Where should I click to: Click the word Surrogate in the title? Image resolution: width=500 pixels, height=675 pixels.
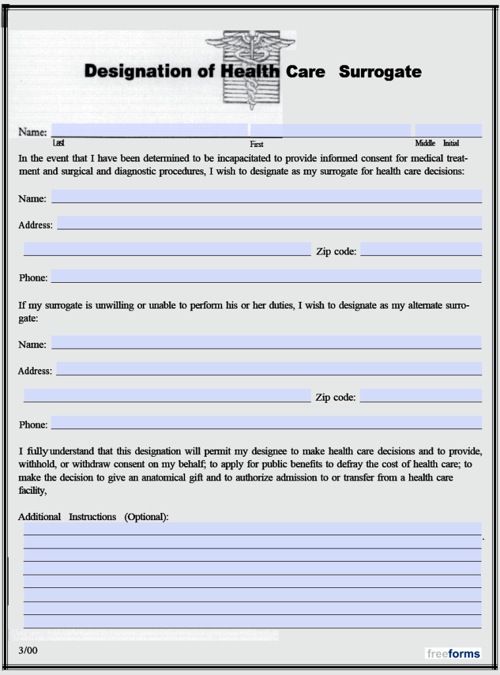coord(380,72)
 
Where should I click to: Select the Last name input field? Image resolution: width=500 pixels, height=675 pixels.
coord(150,130)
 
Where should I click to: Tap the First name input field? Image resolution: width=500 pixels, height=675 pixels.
coord(330,130)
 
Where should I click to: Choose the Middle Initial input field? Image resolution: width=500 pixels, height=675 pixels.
coord(448,130)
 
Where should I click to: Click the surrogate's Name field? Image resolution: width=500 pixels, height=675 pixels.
coord(266,196)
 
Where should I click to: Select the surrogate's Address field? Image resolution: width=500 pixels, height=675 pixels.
coord(269,223)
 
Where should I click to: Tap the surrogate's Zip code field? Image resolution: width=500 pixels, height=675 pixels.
coord(421,249)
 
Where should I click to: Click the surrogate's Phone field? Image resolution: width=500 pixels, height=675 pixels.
coord(266,276)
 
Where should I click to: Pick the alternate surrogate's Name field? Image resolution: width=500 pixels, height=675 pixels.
coord(266,342)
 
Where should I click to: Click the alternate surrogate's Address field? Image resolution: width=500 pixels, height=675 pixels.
coord(269,368)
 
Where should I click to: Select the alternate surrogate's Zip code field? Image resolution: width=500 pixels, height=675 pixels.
coord(421,396)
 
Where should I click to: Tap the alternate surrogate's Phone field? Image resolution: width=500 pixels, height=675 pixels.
coord(266,423)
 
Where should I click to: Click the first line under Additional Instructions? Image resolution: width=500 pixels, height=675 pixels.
coord(252,529)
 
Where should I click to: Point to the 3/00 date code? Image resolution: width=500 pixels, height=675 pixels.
coord(28,650)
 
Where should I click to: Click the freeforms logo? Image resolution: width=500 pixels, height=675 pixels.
coord(453,653)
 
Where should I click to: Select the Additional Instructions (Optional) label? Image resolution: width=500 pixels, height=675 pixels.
coord(94,517)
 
